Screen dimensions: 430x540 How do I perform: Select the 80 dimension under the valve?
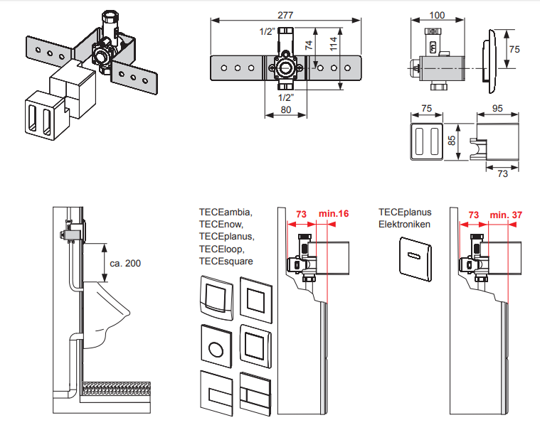coord(285,110)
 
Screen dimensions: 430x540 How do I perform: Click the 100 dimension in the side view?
coord(438,15)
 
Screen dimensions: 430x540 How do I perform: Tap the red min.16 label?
coord(333,214)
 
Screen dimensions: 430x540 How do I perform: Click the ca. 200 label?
coord(125,263)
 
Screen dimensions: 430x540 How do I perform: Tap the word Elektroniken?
coord(404,225)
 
